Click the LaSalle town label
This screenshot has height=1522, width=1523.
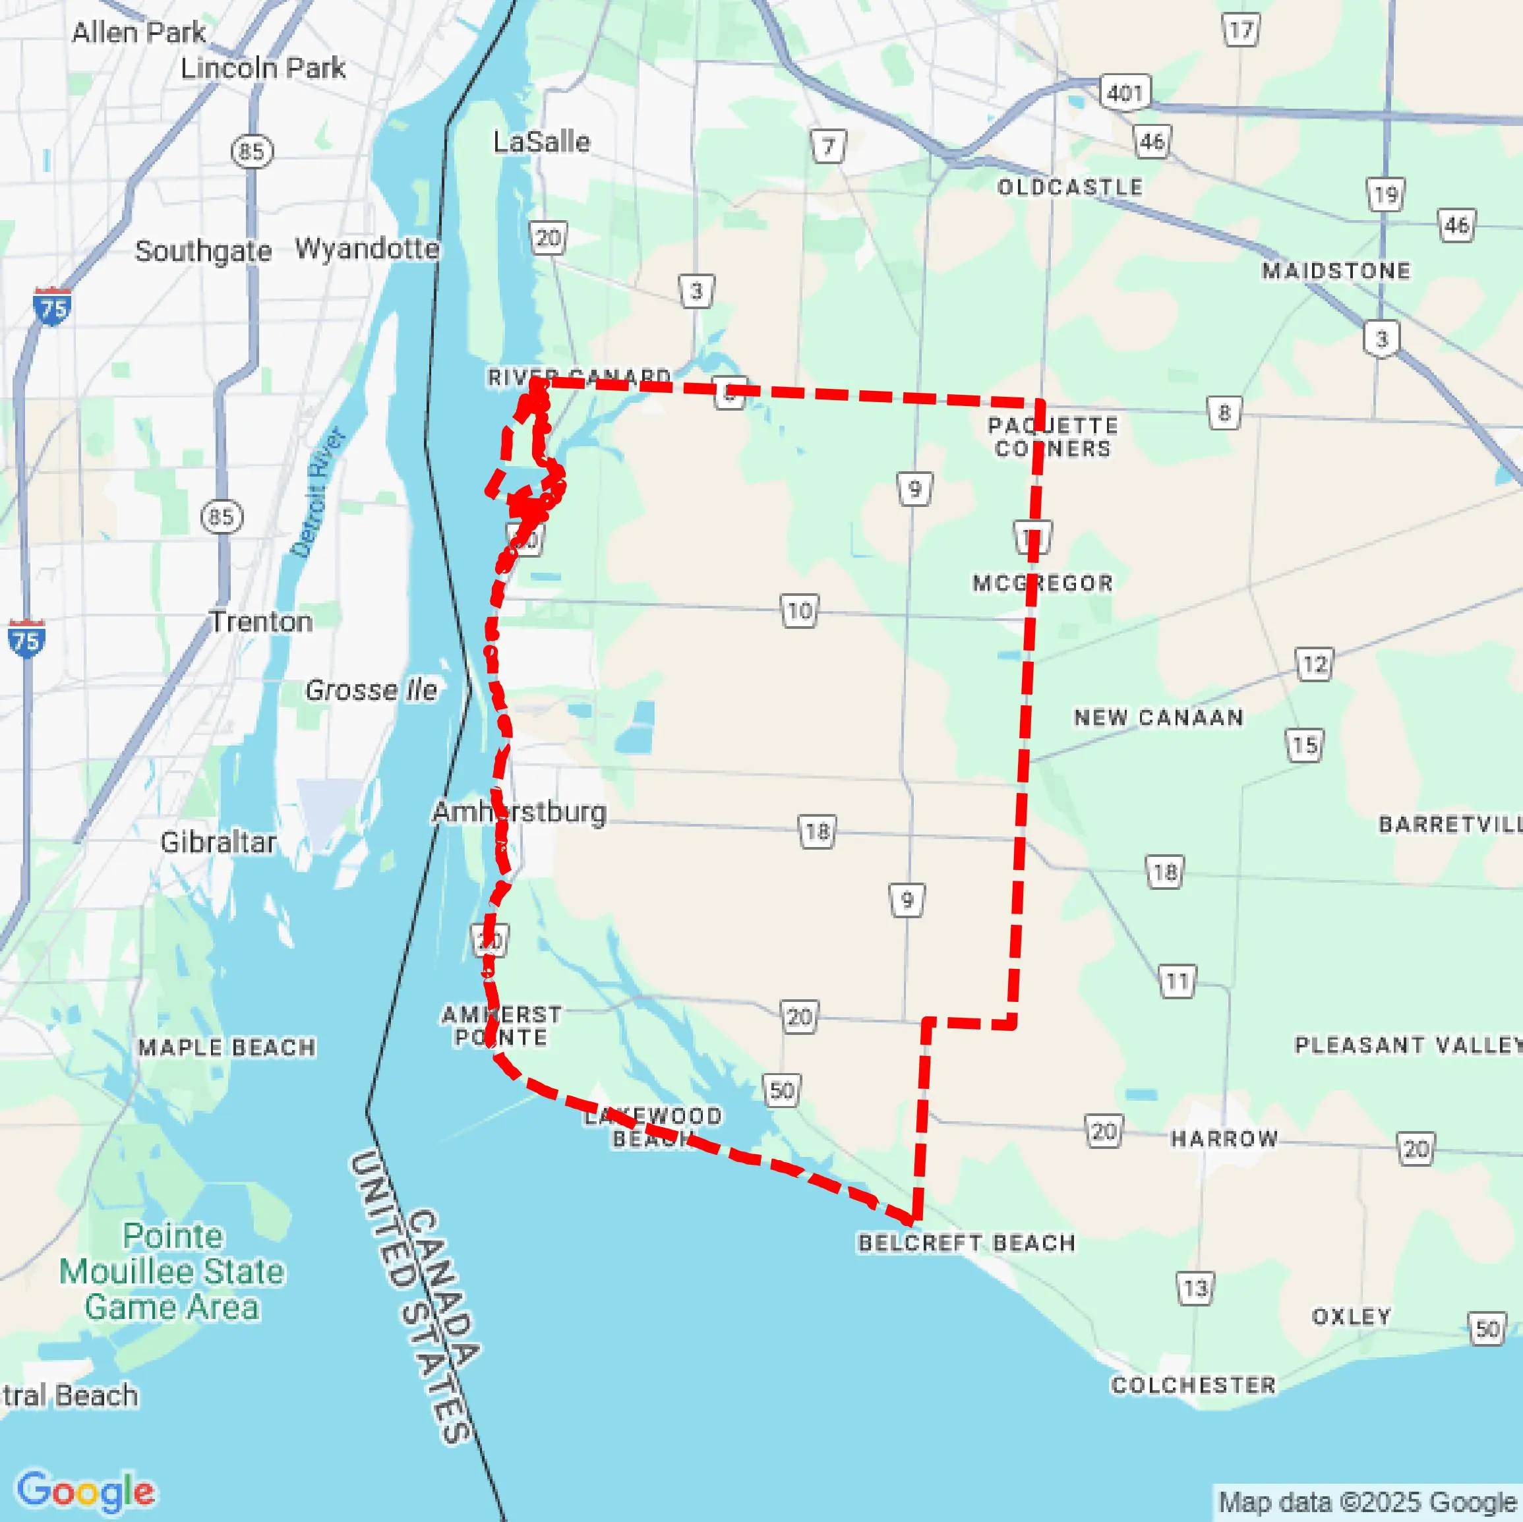[x=541, y=142]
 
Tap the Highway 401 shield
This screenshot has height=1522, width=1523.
[x=1125, y=93]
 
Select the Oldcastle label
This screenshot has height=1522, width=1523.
[x=1069, y=187]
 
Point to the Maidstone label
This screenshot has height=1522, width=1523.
[x=1336, y=271]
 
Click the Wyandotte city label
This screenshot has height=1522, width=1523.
[x=367, y=249]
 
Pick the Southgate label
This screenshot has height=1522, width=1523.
[x=203, y=251]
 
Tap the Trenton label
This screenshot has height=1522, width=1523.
[x=261, y=622]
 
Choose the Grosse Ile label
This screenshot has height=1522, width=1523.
[x=371, y=690]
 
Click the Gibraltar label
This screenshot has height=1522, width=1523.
[x=218, y=842]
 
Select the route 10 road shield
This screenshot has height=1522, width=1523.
[x=799, y=611]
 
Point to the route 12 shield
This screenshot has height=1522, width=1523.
[x=1314, y=664]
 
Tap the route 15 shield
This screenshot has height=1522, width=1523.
[x=1305, y=745]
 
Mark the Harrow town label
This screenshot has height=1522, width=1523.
[x=1224, y=1138]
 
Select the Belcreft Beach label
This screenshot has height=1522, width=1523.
[x=967, y=1243]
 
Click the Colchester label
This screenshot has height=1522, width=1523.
[x=1193, y=1385]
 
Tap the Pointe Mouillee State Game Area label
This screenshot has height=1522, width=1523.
[x=172, y=1272]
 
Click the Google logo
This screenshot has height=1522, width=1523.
[x=85, y=1490]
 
